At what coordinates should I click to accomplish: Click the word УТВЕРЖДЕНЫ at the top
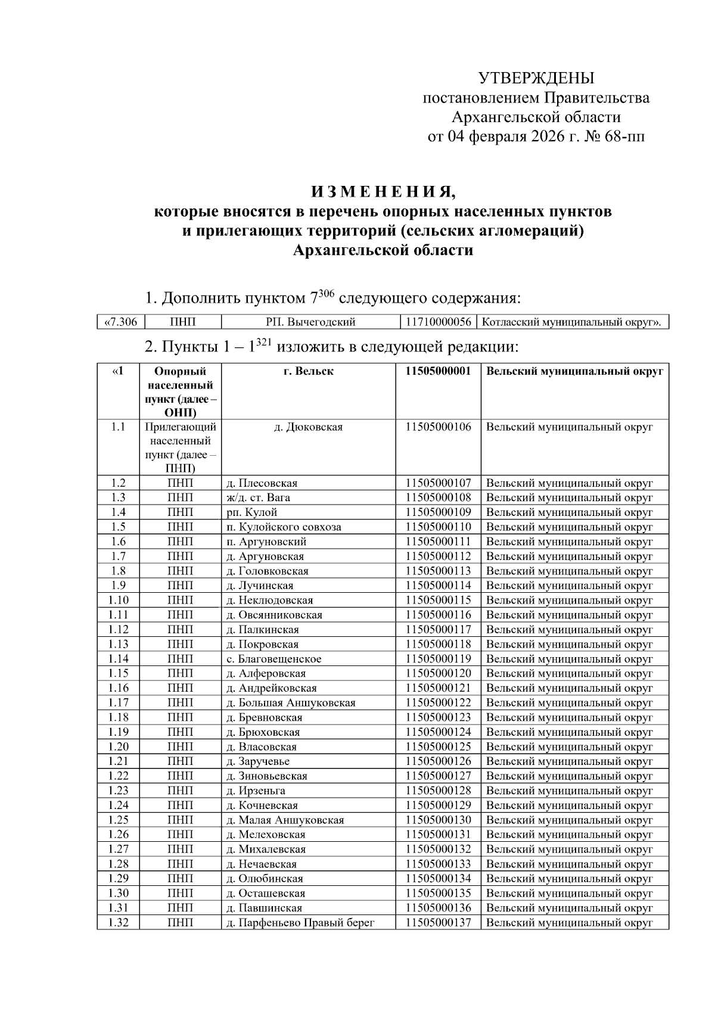(536, 78)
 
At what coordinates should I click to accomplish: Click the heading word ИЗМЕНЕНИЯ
(383, 192)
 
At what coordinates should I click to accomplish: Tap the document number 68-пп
(625, 137)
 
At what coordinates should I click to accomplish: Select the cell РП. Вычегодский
(310, 322)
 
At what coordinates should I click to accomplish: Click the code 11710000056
(439, 322)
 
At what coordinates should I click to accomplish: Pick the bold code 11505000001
(438, 371)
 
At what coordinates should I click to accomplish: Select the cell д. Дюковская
(308, 427)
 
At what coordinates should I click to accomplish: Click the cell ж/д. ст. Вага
(259, 497)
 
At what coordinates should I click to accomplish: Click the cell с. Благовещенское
(274, 659)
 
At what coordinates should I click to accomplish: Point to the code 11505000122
(438, 703)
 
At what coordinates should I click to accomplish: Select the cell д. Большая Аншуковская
(291, 703)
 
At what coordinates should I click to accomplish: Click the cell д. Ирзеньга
(256, 791)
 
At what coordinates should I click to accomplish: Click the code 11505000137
(438, 923)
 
